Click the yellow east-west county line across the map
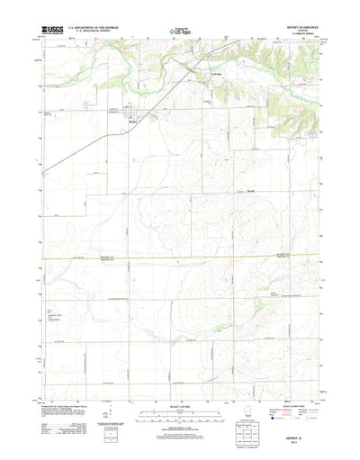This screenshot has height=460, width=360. (x=180, y=258)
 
